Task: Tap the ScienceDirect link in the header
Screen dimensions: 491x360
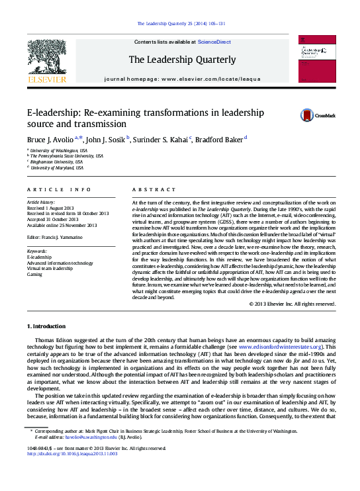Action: [214, 42]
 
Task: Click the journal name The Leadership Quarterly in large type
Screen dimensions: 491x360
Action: [181, 60]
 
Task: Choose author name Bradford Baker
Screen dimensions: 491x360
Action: [219, 140]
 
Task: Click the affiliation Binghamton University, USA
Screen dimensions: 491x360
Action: [58, 161]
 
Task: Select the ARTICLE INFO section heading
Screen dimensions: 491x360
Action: [58, 189]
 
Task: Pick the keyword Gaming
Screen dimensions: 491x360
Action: [35, 273]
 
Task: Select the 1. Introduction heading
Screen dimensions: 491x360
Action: [46, 326]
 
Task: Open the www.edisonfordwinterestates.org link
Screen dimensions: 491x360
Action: [284, 346]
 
